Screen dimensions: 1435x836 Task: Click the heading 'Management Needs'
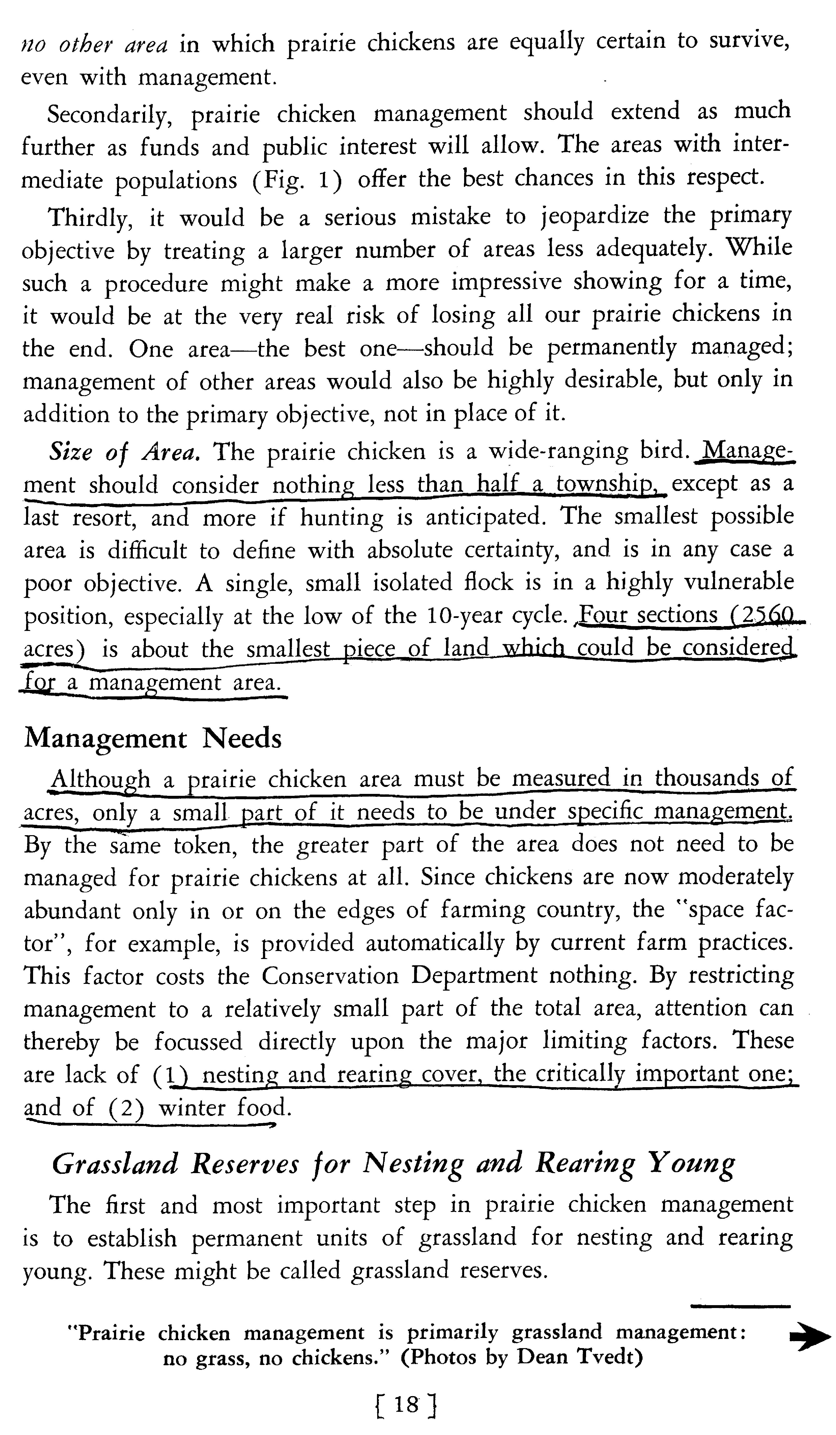153,739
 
